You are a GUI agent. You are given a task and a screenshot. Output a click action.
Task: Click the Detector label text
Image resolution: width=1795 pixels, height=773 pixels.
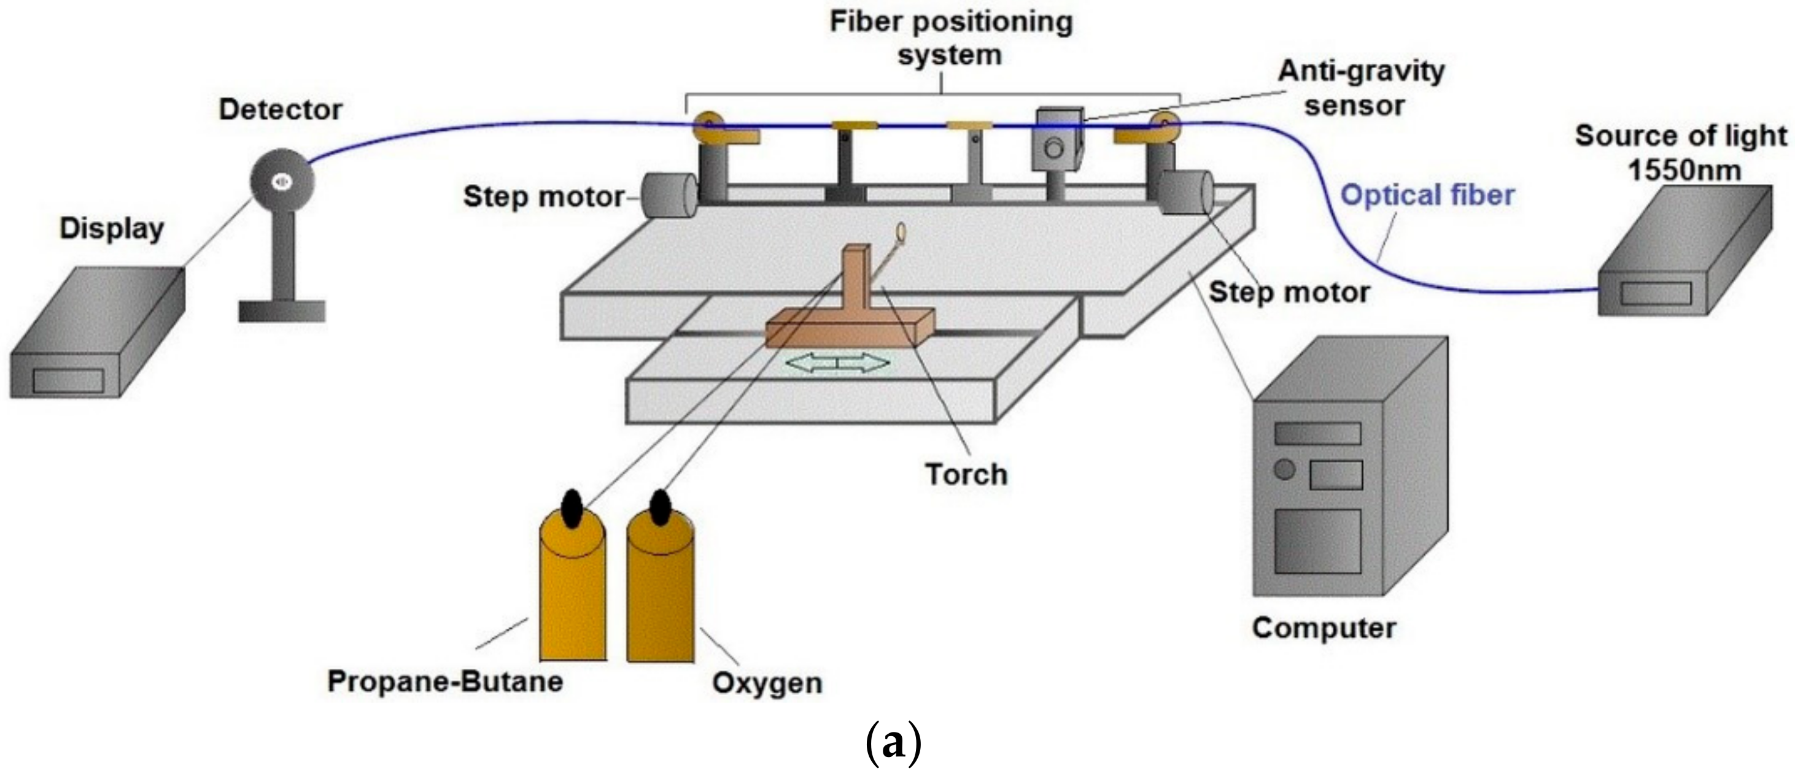pos(280,110)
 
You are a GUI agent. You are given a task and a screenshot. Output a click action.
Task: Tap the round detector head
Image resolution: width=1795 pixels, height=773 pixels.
pos(282,182)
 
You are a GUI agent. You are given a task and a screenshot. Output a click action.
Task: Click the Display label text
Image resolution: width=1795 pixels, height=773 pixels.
pos(112,228)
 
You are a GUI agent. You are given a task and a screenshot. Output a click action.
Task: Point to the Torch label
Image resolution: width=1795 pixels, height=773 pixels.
pos(966,475)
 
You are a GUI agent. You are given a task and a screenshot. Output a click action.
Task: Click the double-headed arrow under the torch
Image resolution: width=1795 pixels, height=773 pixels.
pos(837,362)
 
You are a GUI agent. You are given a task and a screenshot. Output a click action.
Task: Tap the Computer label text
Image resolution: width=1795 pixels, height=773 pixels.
pos(1324,628)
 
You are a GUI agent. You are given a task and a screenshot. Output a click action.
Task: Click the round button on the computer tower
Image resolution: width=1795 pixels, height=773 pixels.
pos(1284,469)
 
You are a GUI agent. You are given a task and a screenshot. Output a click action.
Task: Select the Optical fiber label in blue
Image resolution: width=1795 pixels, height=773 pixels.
pos(1427,196)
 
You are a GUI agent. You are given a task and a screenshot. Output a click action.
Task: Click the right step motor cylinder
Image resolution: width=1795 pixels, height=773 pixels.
pos(1185,192)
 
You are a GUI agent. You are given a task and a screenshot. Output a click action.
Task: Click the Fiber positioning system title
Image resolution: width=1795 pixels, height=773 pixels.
pos(950,38)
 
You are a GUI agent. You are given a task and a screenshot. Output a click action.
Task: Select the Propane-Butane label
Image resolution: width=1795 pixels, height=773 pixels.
pos(444,681)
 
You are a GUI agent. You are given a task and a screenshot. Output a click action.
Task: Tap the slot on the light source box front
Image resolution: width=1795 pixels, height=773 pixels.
pos(1656,293)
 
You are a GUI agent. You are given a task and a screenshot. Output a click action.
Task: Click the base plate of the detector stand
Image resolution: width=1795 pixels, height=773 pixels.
pos(282,310)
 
